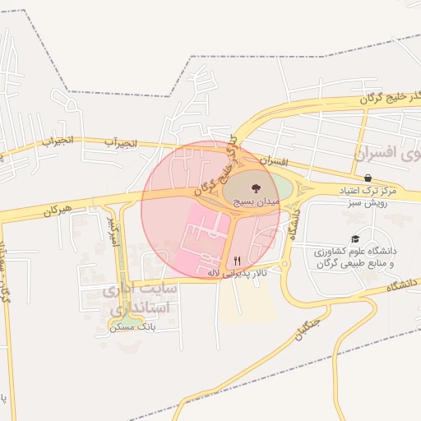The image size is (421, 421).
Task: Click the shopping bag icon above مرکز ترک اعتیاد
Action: tap(367, 178)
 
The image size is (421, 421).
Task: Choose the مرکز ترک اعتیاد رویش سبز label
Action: tap(368, 196)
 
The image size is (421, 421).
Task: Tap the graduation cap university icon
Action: tap(355, 239)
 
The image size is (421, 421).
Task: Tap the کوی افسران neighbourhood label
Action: tap(386, 153)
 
